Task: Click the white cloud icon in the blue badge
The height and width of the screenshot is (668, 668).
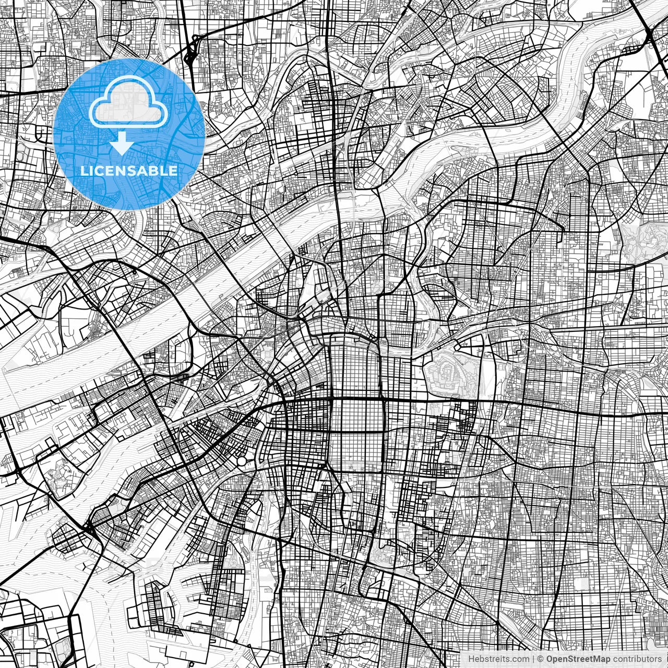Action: click(128, 101)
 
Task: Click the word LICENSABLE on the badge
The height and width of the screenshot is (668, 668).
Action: click(128, 171)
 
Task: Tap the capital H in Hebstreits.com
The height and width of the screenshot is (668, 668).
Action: click(471, 659)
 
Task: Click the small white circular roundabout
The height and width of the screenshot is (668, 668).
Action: click(241, 461)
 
